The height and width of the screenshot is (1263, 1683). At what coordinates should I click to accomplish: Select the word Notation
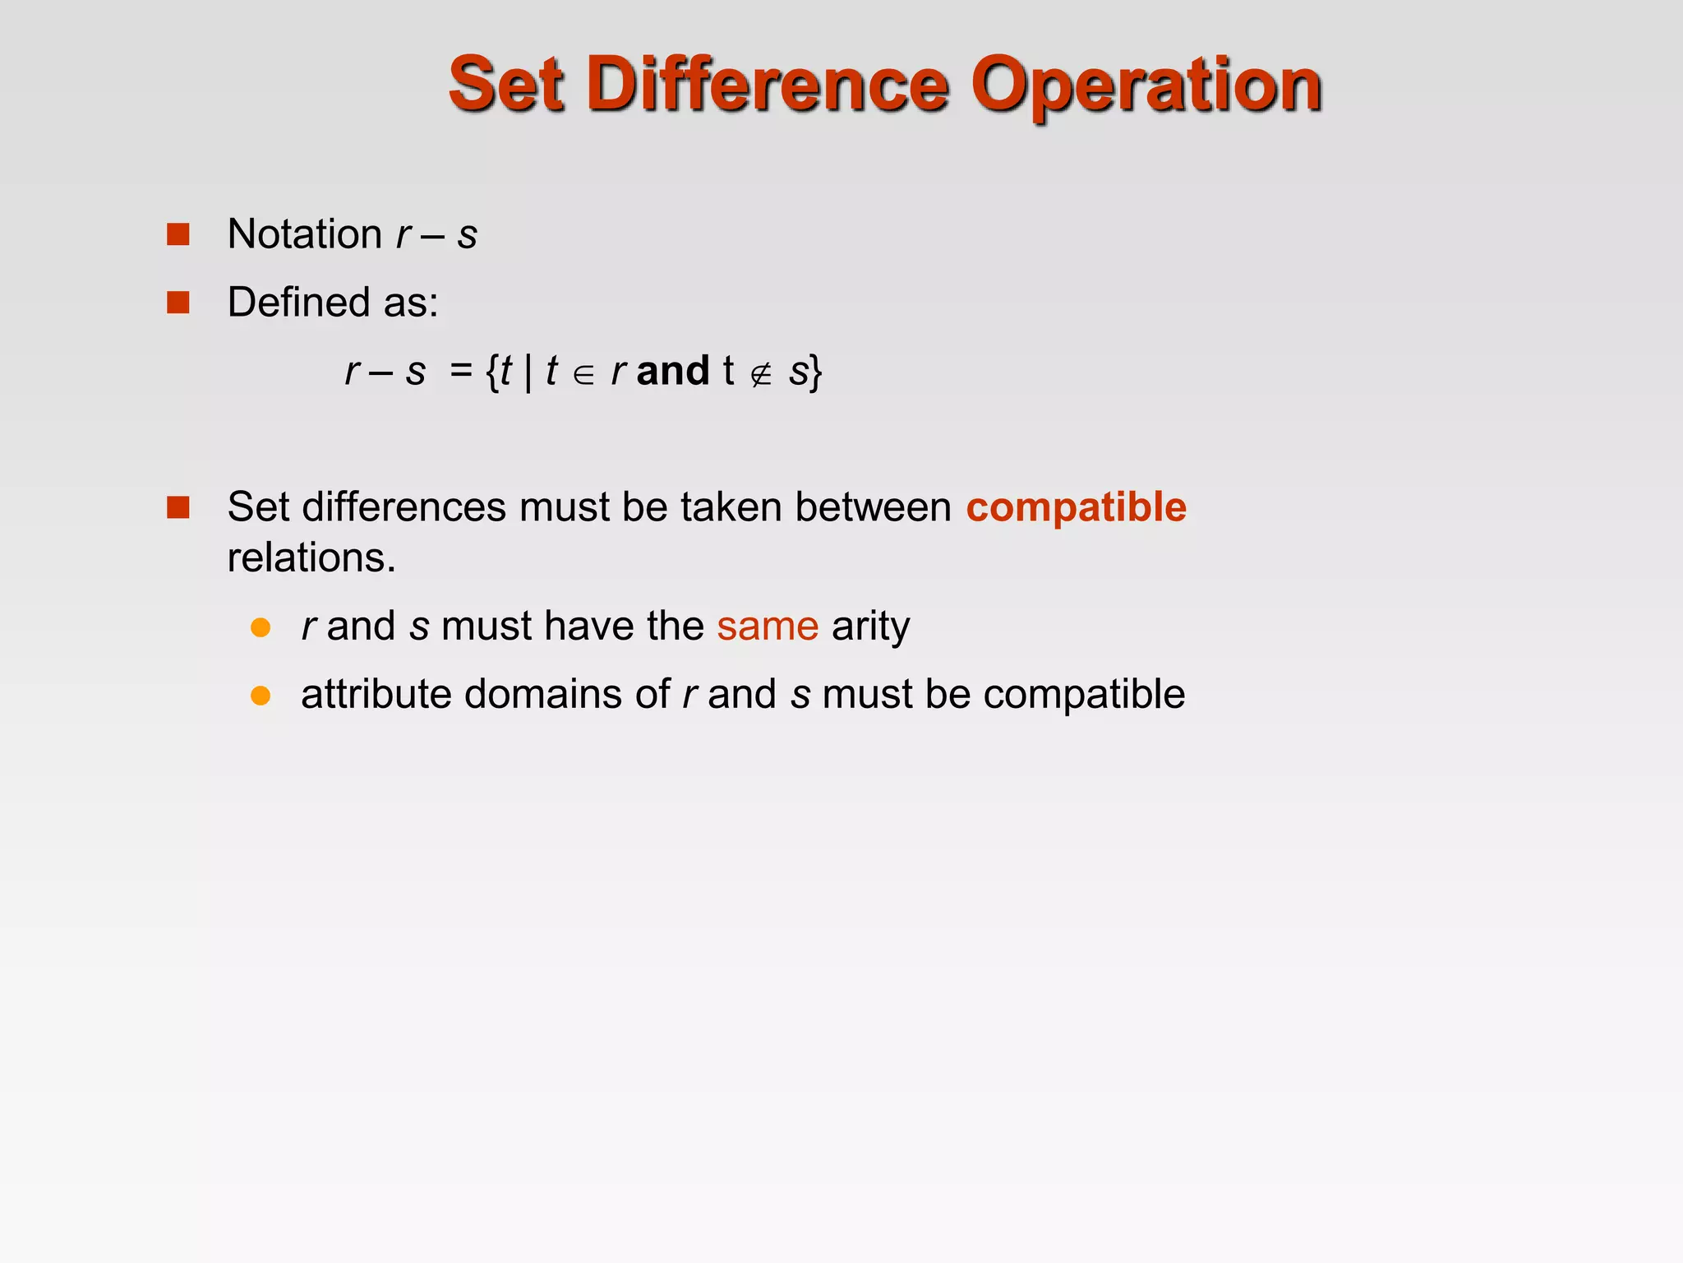click(x=304, y=234)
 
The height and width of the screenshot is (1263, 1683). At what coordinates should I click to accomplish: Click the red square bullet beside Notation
click(x=178, y=234)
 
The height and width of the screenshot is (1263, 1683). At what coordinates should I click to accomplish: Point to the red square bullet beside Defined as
click(x=178, y=303)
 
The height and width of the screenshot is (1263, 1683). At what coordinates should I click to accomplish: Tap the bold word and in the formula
click(x=672, y=371)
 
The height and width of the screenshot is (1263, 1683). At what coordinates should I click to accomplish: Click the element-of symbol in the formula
click(x=583, y=375)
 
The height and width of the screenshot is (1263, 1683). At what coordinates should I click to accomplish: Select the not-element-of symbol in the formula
click(x=761, y=375)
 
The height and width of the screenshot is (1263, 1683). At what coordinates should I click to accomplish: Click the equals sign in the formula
click(x=461, y=371)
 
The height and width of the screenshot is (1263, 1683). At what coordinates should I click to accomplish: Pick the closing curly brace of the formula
click(x=814, y=372)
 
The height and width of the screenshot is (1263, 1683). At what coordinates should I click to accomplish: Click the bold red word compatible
click(x=1076, y=507)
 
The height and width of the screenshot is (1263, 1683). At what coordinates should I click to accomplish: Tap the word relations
click(x=311, y=558)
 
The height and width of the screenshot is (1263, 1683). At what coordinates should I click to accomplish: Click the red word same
click(x=768, y=627)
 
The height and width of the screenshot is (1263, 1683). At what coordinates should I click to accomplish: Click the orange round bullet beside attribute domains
click(x=261, y=696)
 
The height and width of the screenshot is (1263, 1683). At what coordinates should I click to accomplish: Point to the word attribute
click(x=376, y=695)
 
